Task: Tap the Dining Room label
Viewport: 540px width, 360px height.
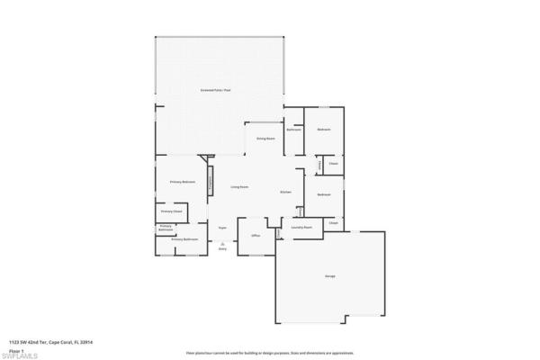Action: (x=265, y=139)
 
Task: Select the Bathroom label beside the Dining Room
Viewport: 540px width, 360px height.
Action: (x=293, y=130)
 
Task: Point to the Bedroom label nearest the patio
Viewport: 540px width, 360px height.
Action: (x=324, y=130)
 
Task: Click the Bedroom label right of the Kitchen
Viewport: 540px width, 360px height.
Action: (x=324, y=194)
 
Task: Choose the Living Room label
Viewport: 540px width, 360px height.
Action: (x=239, y=186)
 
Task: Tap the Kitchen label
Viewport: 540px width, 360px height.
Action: (x=285, y=193)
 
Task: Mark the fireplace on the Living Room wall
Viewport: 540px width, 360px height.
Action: (x=211, y=177)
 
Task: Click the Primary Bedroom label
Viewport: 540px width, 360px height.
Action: (x=183, y=182)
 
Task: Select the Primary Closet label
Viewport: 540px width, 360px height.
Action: (x=171, y=211)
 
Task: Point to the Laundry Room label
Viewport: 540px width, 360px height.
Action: (x=301, y=228)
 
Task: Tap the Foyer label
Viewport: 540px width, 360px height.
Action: (x=221, y=229)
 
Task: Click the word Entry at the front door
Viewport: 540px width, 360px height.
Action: (x=221, y=248)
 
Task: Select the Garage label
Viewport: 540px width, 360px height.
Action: (x=330, y=275)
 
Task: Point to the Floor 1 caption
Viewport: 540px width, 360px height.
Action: (x=16, y=350)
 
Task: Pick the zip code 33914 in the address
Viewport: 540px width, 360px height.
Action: (x=87, y=342)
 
